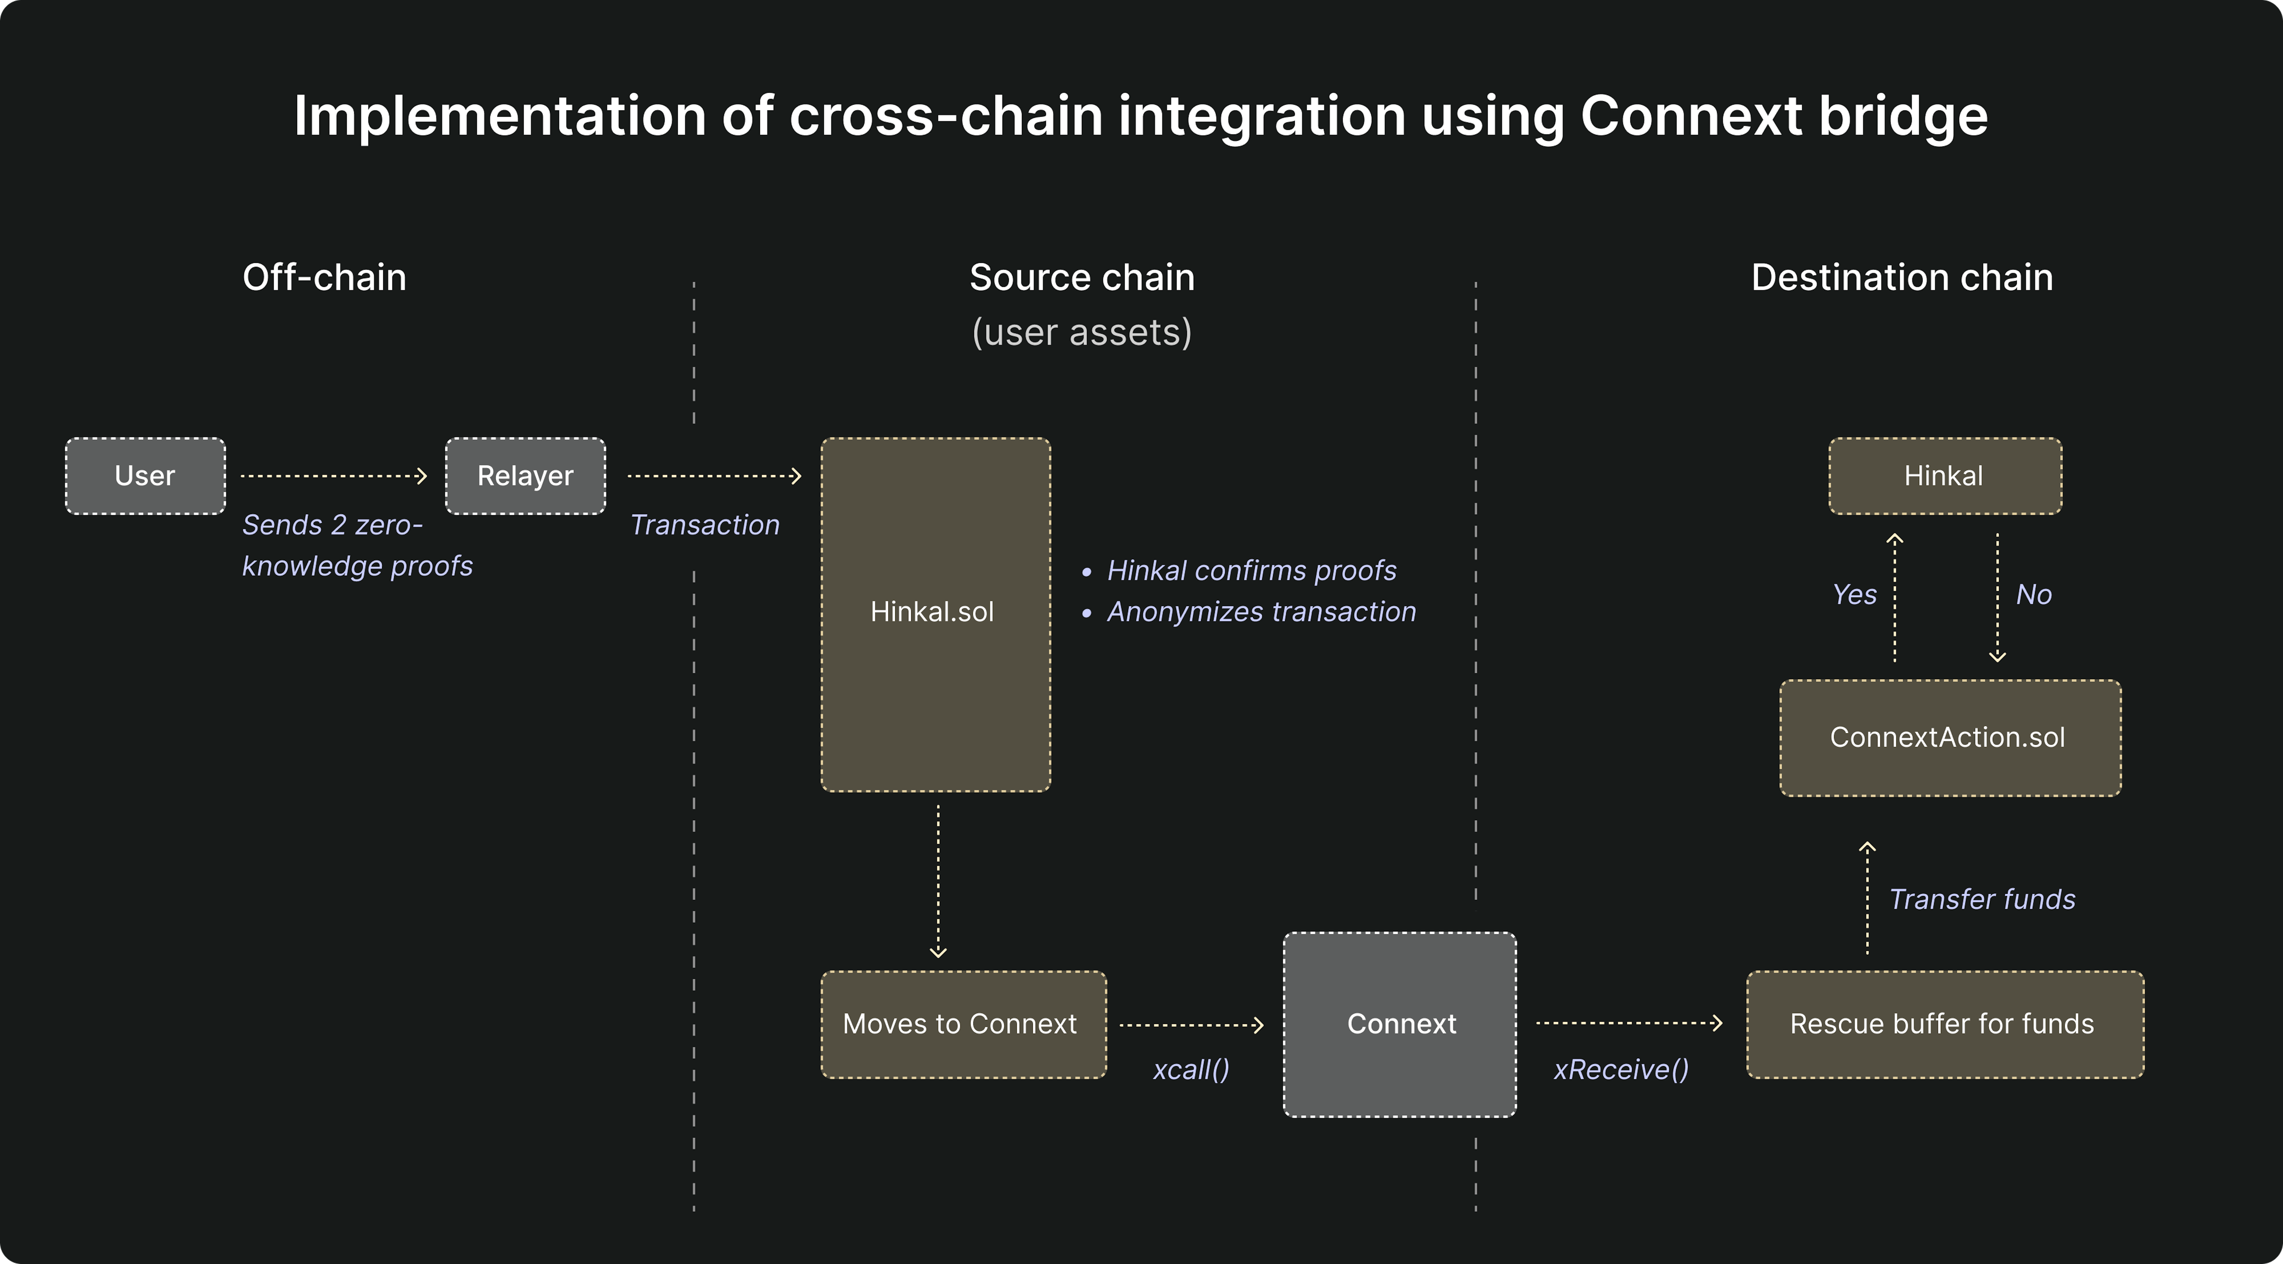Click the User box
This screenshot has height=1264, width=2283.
tap(145, 476)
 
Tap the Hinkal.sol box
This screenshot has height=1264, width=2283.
tap(935, 613)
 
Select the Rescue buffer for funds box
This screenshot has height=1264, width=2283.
tap(1944, 1024)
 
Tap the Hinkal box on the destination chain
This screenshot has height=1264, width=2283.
tap(1944, 476)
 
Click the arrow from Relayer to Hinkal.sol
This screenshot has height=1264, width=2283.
tap(714, 476)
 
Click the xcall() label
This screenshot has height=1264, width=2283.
tap(1190, 1070)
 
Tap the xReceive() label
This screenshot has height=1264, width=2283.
tap(1621, 1070)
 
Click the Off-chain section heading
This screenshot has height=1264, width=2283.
tap(324, 277)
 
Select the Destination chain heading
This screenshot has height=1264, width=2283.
tap(1902, 277)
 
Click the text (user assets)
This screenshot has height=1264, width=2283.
tap(1081, 332)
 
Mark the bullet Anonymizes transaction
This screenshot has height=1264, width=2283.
tap(1260, 612)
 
